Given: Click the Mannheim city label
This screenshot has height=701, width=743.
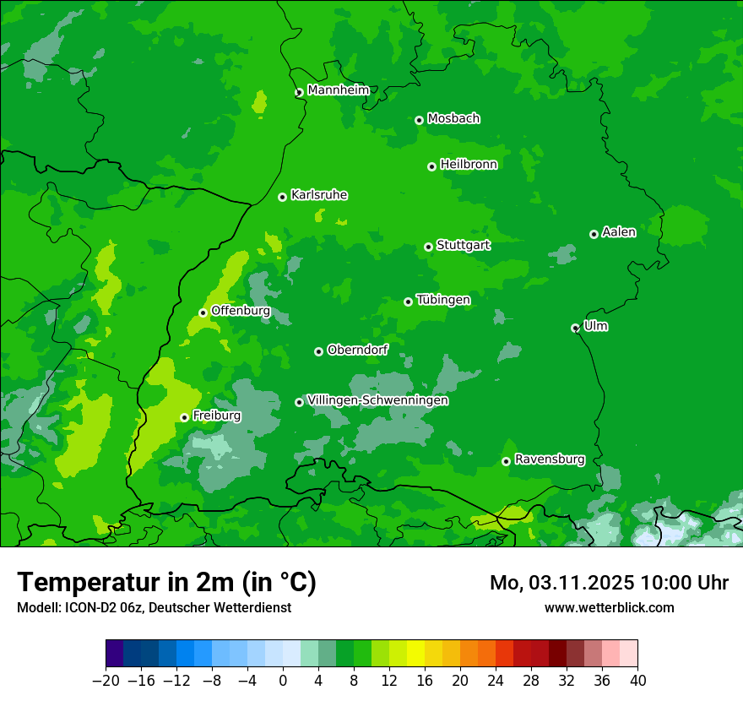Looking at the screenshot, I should pyautogui.click(x=338, y=90).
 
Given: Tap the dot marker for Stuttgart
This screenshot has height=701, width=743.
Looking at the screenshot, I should pyautogui.click(x=428, y=247).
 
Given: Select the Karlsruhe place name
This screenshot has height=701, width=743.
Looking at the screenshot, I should pyautogui.click(x=318, y=195).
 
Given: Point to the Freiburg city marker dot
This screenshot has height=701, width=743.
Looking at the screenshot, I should pyautogui.click(x=184, y=417).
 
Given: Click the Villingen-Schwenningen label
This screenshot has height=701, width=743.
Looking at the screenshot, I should pyautogui.click(x=377, y=400).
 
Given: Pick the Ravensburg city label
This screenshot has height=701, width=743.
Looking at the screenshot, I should pyautogui.click(x=549, y=459).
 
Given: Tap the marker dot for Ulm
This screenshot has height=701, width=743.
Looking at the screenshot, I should pyautogui.click(x=575, y=328).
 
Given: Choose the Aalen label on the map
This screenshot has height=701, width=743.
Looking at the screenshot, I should pyautogui.click(x=618, y=232).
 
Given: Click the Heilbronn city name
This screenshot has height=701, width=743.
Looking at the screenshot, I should pyautogui.click(x=469, y=165).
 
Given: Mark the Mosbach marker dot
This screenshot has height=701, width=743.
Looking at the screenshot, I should pyautogui.click(x=419, y=120).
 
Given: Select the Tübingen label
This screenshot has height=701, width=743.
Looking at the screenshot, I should pyautogui.click(x=442, y=300).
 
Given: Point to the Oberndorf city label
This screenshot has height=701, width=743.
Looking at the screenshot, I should pyautogui.click(x=357, y=350).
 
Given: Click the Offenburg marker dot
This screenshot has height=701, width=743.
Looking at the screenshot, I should pyautogui.click(x=203, y=312).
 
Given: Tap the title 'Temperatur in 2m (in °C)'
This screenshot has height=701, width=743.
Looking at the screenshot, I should pyautogui.click(x=166, y=582).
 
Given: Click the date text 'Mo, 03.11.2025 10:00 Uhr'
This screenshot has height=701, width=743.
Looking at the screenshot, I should pyautogui.click(x=609, y=583).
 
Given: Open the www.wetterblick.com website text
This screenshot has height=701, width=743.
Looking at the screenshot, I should pyautogui.click(x=609, y=607).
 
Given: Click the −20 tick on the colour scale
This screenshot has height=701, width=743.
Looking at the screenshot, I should pyautogui.click(x=106, y=680).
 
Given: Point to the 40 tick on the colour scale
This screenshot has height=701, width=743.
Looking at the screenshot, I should pyautogui.click(x=637, y=680).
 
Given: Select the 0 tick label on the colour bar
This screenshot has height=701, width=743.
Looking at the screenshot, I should pyautogui.click(x=283, y=680).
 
